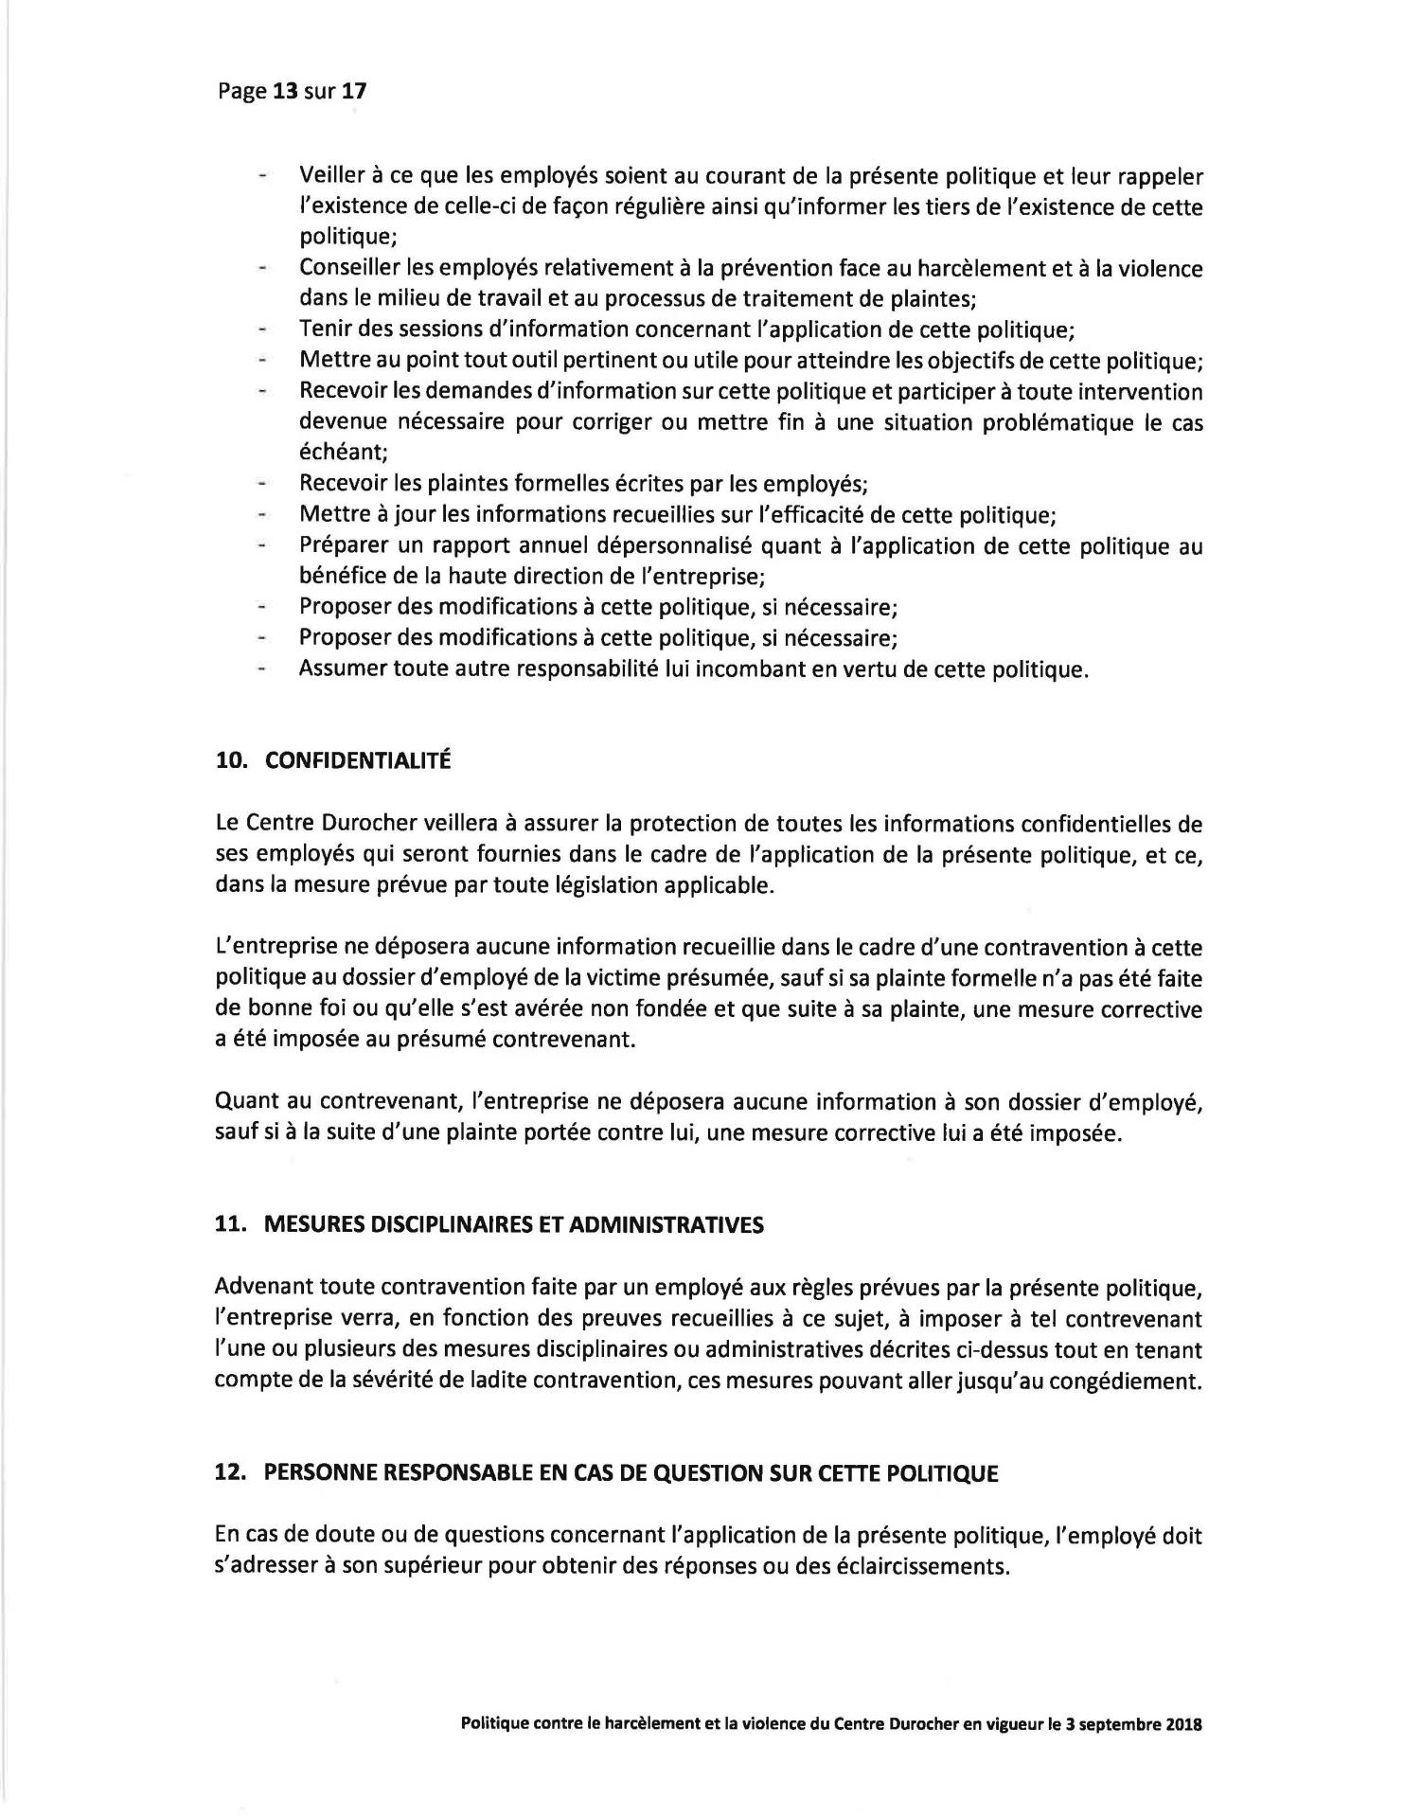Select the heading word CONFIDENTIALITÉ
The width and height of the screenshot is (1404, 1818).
[x=357, y=761]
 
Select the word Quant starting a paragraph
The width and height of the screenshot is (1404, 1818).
[x=244, y=1101]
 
